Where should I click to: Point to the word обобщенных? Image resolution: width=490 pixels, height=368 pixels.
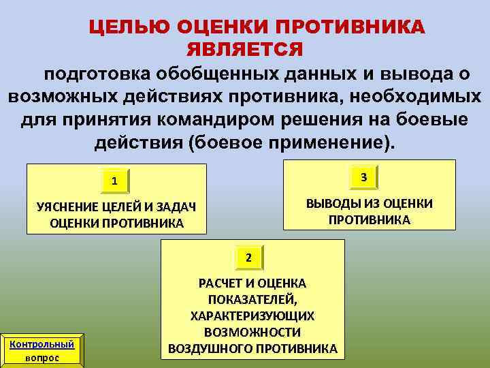[214, 74]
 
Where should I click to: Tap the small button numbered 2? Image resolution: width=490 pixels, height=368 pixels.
[249, 258]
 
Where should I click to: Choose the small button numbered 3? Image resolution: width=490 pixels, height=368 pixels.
[364, 177]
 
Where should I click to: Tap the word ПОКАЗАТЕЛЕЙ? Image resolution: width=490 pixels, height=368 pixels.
[252, 299]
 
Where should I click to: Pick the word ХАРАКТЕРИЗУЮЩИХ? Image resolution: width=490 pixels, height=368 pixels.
[252, 316]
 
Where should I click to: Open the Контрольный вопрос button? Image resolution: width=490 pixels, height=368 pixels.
[42, 350]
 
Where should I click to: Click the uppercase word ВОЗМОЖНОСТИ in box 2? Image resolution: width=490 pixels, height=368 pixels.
[252, 333]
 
